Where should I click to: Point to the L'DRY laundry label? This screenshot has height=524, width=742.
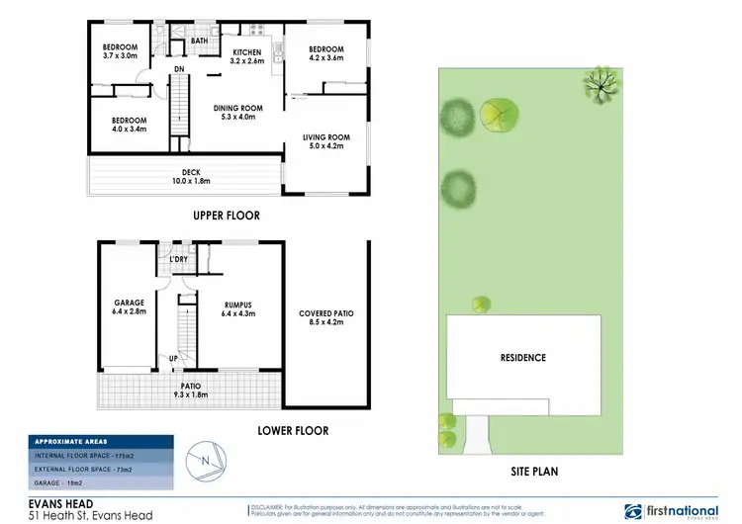point(180,260)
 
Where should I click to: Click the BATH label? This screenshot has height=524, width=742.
point(199,41)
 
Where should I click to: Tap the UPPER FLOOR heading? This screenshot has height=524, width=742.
point(227,215)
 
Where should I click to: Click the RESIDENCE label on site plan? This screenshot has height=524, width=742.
point(522,358)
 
